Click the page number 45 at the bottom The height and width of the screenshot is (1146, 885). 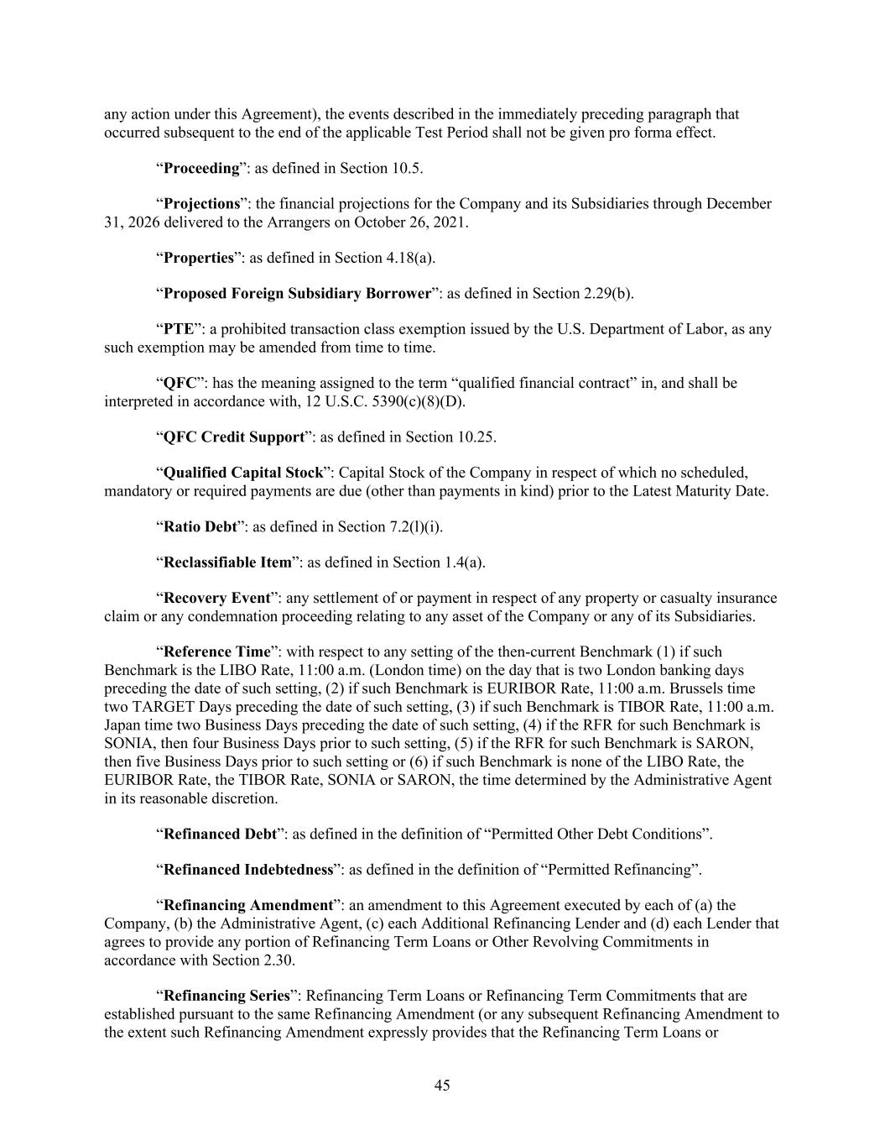click(x=442, y=1086)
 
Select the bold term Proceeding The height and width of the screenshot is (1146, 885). click(x=201, y=168)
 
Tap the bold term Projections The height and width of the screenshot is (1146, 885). click(x=201, y=204)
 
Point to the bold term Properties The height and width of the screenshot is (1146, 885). click(x=198, y=258)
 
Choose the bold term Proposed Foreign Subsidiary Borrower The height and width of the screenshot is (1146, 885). click(x=297, y=294)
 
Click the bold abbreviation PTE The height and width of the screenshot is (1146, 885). click(x=178, y=329)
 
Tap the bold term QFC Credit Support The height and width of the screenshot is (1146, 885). click(x=233, y=437)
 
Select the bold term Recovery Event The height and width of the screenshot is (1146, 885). click(x=216, y=599)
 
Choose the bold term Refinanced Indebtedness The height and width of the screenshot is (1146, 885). click(x=247, y=870)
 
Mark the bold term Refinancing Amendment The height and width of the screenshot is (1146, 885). click(x=248, y=906)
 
